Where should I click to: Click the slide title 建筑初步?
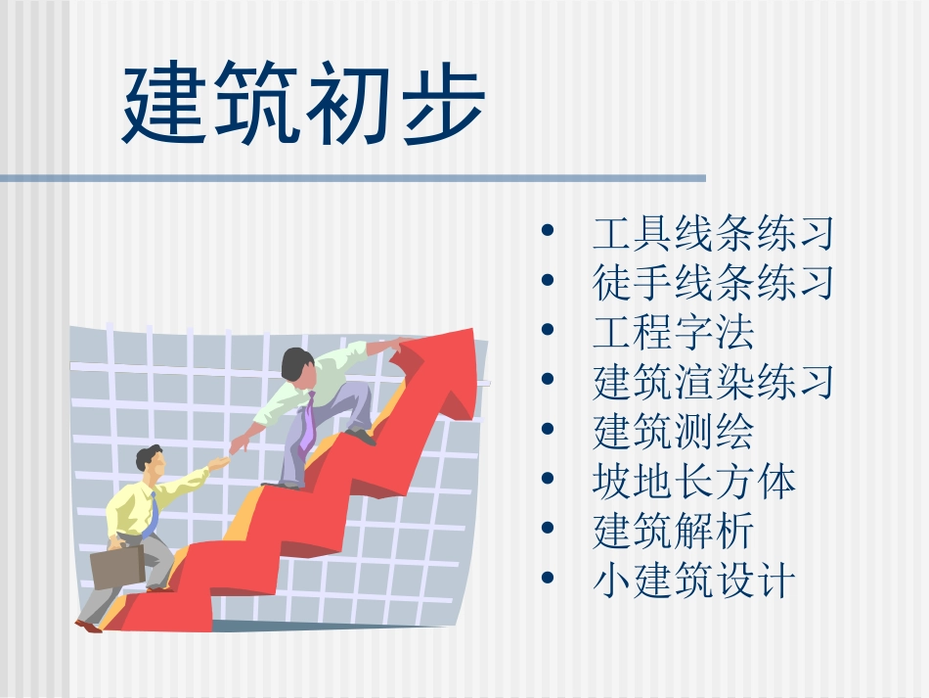pyautogui.click(x=303, y=106)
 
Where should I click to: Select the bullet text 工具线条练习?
pyautogui.click(x=713, y=234)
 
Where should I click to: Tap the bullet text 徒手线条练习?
pyautogui.click(x=713, y=283)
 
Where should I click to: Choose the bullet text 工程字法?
pyautogui.click(x=673, y=333)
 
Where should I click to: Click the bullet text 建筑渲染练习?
pyautogui.click(x=713, y=382)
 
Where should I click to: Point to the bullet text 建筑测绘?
pyautogui.click(x=673, y=432)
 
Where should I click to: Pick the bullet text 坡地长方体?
pyautogui.click(x=693, y=482)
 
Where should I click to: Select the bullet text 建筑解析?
pyautogui.click(x=673, y=532)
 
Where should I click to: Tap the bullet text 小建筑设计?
pyautogui.click(x=693, y=582)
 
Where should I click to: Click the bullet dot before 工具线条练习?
pyautogui.click(x=548, y=233)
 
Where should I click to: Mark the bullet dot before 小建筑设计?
pyautogui.click(x=548, y=581)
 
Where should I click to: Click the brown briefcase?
pyautogui.click(x=117, y=566)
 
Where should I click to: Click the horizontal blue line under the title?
pyautogui.click(x=352, y=178)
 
